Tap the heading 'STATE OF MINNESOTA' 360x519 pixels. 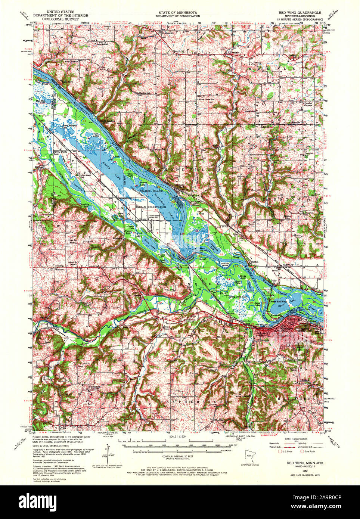(178, 12)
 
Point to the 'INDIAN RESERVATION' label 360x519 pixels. (151, 206)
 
